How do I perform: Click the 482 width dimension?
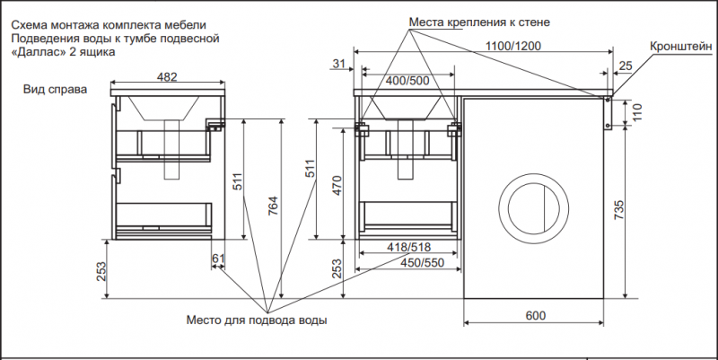tap(167, 77)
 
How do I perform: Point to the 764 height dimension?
tap(273, 209)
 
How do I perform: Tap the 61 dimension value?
tap(218, 259)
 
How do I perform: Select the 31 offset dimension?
tap(338, 64)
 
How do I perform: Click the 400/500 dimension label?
tap(408, 81)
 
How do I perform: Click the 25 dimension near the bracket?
tap(626, 66)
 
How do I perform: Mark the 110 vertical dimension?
tap(638, 111)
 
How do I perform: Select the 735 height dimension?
tap(619, 210)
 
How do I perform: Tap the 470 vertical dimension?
tap(337, 186)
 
